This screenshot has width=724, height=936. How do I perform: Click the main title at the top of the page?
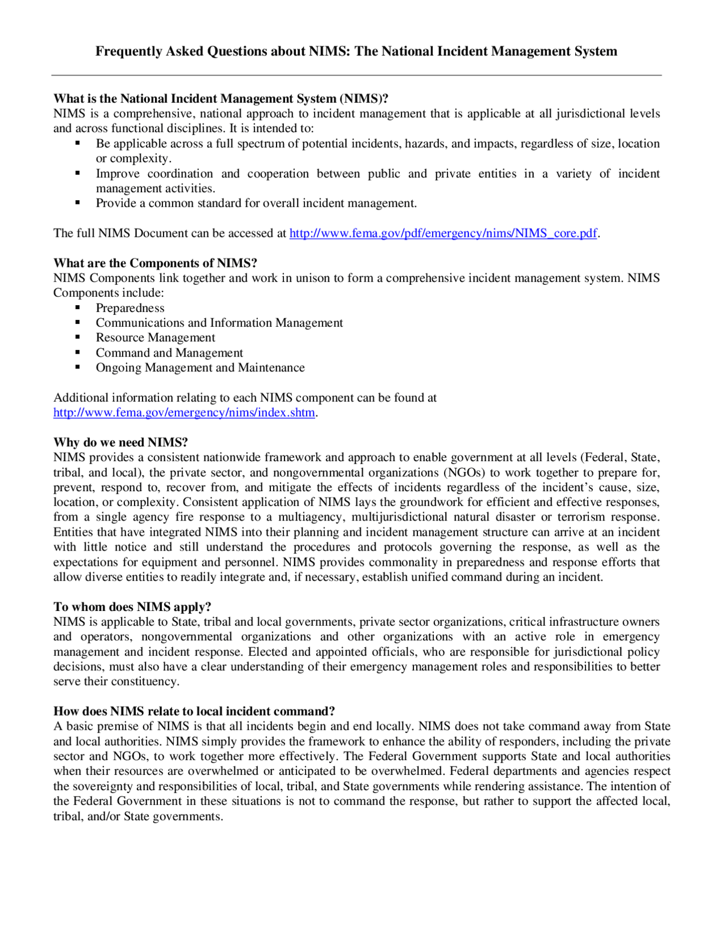click(x=356, y=51)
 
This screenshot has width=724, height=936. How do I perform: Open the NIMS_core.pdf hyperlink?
click(x=443, y=233)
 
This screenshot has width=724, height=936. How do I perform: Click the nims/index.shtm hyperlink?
click(x=184, y=413)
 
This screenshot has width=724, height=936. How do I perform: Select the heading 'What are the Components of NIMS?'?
click(x=155, y=263)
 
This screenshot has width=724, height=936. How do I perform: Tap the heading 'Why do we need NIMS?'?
click(x=120, y=443)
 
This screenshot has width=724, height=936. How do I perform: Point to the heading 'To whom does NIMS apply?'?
click(x=132, y=607)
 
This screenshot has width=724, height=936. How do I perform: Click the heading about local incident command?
click(x=194, y=712)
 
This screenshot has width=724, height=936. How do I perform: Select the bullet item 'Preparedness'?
click(x=130, y=308)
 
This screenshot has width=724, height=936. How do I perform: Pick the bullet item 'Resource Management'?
click(x=156, y=338)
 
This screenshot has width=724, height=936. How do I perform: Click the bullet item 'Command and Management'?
click(x=169, y=353)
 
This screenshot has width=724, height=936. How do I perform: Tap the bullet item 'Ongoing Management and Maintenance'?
click(x=200, y=368)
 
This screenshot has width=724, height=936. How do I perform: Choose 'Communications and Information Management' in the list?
click(x=219, y=323)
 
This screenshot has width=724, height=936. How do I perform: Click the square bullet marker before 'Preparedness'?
click(x=77, y=307)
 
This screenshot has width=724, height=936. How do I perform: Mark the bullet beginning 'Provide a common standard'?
click(x=256, y=203)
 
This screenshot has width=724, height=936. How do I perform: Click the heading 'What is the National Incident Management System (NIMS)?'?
click(x=221, y=99)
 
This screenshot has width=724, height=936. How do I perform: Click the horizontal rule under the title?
click(x=356, y=75)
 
